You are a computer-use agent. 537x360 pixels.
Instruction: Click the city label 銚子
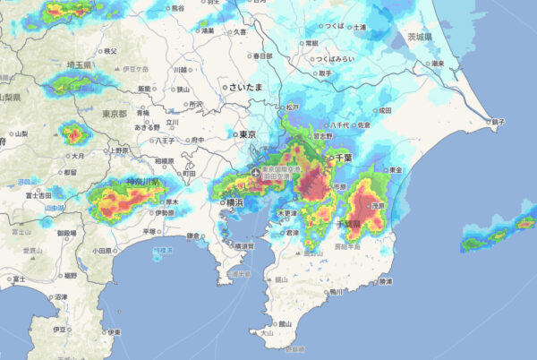499,121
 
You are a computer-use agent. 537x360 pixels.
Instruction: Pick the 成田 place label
385,110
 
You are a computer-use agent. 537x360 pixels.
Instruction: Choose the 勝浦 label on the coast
386,281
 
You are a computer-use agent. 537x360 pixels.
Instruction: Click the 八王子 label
165,141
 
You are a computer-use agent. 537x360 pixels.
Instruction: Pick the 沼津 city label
61,296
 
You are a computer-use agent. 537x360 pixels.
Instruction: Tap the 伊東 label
113,332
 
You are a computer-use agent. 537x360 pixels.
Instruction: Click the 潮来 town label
437,64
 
